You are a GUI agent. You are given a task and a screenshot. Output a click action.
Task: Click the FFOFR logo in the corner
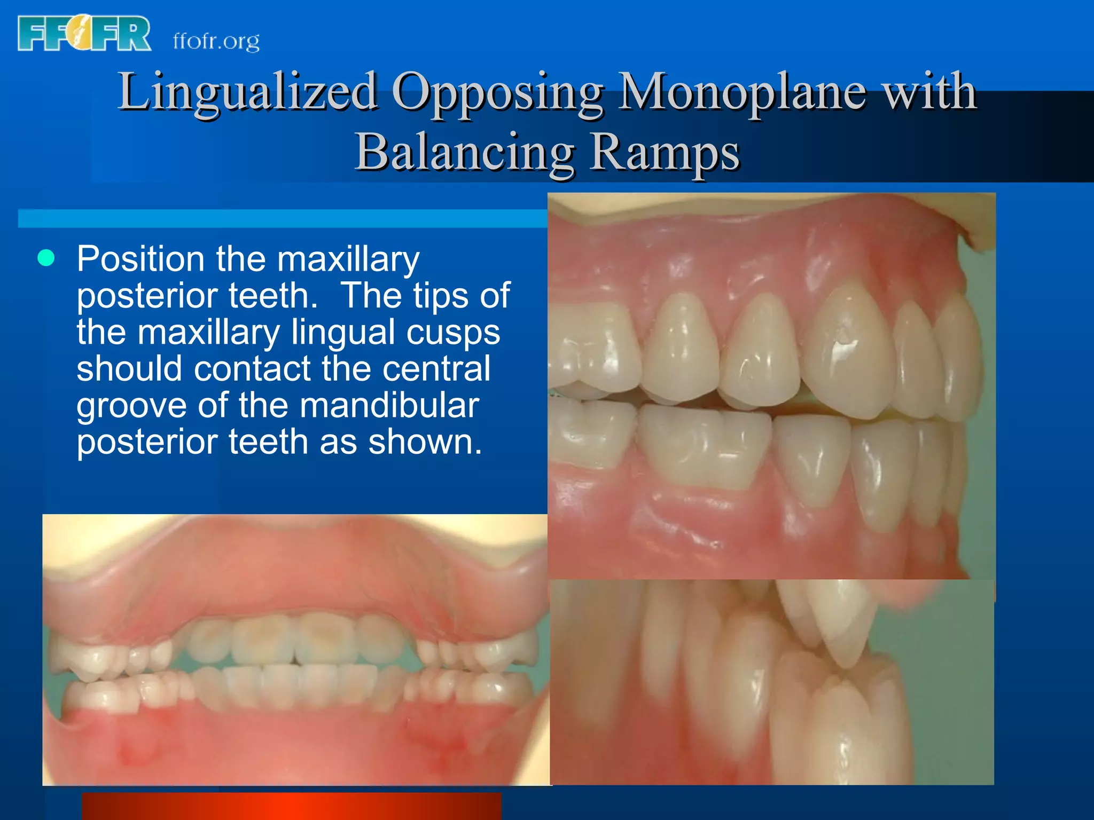[84, 33]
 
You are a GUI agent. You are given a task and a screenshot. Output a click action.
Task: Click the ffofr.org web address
[216, 41]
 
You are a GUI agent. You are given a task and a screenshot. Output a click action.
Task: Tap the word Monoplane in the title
[743, 92]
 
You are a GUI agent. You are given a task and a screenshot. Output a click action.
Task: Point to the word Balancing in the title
[464, 152]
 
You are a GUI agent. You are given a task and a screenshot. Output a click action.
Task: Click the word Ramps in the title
[665, 152]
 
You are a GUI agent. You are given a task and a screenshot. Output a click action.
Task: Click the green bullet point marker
[46, 258]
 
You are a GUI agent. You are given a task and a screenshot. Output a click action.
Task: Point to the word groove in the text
[131, 406]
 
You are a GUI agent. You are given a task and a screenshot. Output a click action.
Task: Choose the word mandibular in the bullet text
[389, 405]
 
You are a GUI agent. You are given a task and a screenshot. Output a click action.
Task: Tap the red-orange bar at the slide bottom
[291, 806]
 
